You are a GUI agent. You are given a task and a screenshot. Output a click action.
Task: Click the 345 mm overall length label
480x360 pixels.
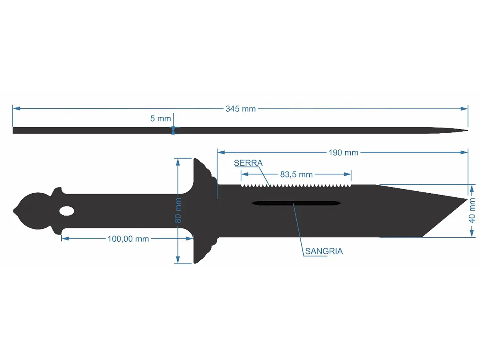tap(240, 109)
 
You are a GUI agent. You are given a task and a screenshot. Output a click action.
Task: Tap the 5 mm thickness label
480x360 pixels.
tap(160, 118)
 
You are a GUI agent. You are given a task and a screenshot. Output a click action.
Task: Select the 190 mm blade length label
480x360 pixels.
tap(343, 152)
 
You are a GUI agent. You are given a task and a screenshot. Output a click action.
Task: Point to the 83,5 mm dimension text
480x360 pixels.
tap(296, 174)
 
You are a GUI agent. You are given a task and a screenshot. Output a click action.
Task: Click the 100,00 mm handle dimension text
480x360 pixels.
tap(128, 239)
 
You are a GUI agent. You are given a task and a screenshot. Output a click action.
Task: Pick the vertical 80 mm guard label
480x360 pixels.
tap(178, 210)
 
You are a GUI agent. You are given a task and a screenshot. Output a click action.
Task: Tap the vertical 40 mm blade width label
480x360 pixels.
tap(472, 210)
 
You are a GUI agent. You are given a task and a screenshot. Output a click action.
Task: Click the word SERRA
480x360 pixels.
tap(248, 163)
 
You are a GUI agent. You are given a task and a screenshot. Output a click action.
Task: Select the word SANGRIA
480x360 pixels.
tap(324, 251)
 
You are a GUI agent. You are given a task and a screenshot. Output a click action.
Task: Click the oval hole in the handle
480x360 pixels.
tap(67, 211)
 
